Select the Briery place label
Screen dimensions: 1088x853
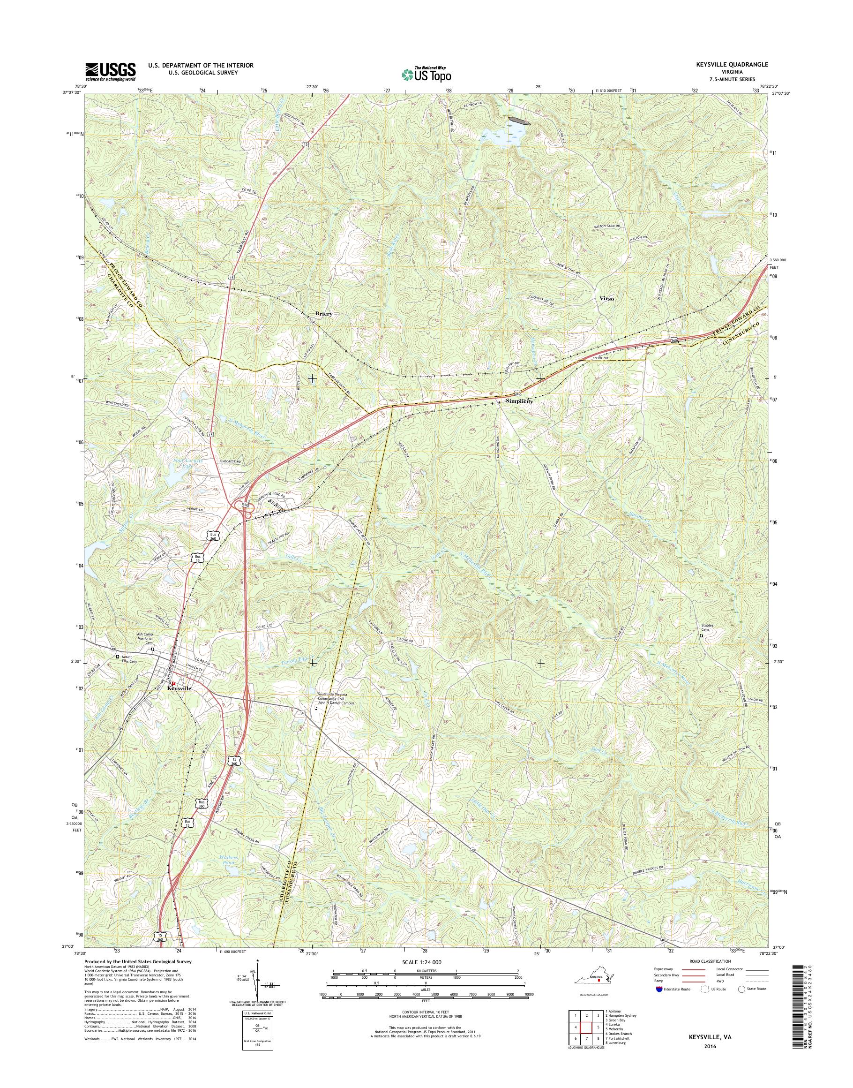point(323,314)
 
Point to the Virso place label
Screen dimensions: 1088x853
point(606,298)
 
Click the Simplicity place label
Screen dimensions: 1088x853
point(519,401)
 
